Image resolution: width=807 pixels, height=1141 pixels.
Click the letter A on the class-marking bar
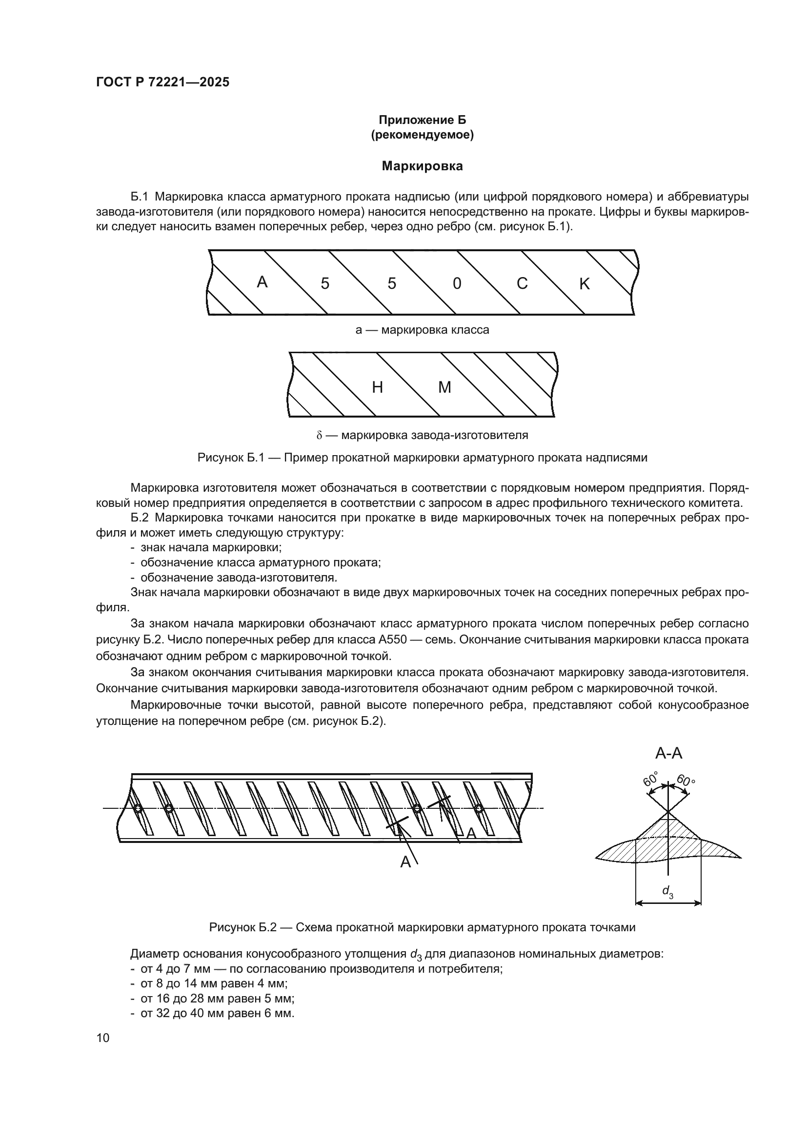262,282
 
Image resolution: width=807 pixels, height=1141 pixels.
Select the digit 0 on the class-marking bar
457,284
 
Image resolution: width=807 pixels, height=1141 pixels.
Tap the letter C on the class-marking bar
522,283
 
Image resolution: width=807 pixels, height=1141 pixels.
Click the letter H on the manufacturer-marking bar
378,387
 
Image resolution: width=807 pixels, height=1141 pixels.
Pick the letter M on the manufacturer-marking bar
444,387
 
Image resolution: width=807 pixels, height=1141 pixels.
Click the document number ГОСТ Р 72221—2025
162,82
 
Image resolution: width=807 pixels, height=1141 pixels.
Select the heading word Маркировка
422,166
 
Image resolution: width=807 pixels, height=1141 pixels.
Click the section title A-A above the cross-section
668,753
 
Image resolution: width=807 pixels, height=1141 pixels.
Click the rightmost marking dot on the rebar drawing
479,809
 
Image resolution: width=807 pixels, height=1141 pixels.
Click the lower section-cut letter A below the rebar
405,862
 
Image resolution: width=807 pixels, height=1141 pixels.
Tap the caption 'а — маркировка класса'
422,330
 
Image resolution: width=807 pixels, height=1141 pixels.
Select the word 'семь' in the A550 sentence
438,639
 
